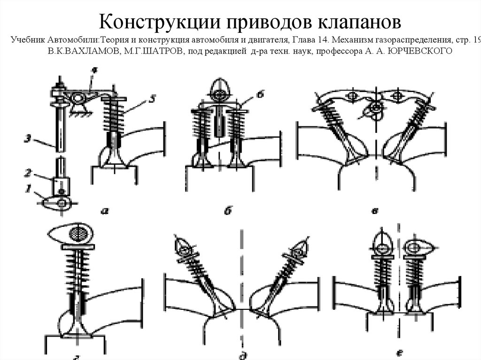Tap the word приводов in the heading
(263, 22)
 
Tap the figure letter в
(374, 211)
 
